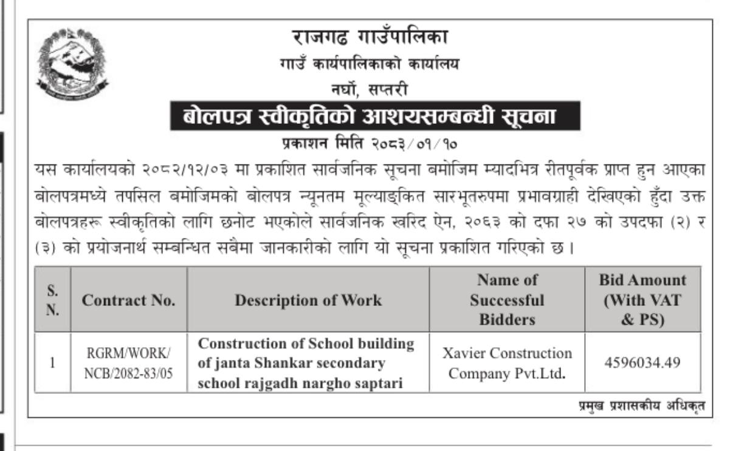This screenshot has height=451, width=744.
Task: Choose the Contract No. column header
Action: pyautogui.click(x=129, y=300)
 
